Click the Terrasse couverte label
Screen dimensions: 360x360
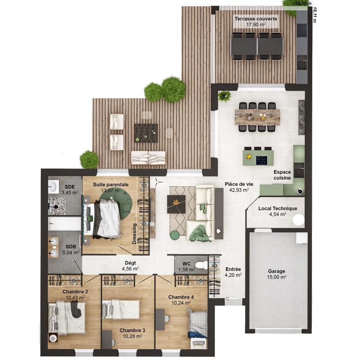[x=256, y=19]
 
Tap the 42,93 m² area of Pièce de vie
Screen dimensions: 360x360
[x=237, y=190]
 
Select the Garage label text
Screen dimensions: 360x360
[x=276, y=271]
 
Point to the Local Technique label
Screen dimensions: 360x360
[x=278, y=208]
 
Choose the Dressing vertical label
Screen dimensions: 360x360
[x=134, y=234]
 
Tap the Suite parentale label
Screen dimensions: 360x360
[x=111, y=184]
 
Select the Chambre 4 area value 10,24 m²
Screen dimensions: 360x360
[x=181, y=303]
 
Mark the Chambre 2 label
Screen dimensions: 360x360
[x=75, y=292]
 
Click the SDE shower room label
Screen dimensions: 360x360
[x=70, y=187]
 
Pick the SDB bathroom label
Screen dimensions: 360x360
[x=71, y=247]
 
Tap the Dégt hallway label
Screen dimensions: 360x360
[x=130, y=263]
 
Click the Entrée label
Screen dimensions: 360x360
[x=233, y=269]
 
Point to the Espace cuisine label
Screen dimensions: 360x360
[x=282, y=175]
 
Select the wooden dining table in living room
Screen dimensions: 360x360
[x=257, y=117]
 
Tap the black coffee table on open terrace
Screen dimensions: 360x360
[x=146, y=133]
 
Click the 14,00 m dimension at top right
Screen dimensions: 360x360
[x=303, y=3]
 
